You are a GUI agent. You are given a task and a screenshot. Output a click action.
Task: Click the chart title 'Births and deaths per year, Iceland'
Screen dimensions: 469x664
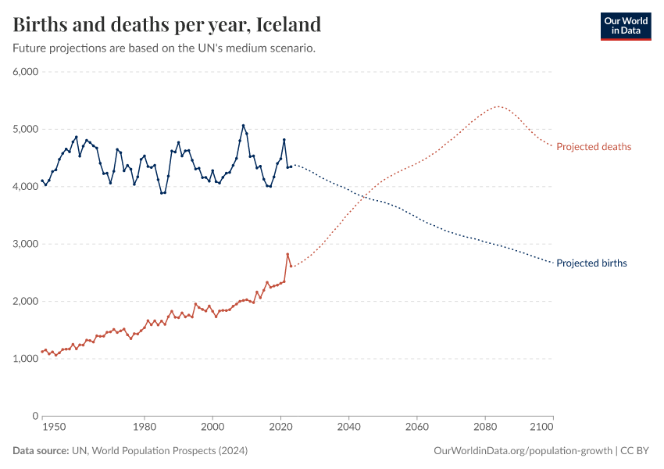[x=167, y=24]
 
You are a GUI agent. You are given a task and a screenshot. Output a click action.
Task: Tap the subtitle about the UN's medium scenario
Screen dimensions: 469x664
[x=164, y=48]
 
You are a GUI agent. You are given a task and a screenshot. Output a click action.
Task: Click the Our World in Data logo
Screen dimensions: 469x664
[x=625, y=26]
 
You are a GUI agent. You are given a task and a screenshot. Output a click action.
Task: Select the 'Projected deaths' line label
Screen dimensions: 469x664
[x=594, y=147]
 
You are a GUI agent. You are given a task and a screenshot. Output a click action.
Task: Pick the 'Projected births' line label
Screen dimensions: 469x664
[x=591, y=263]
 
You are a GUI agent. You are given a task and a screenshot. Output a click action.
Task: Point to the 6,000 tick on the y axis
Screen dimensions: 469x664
[x=26, y=72]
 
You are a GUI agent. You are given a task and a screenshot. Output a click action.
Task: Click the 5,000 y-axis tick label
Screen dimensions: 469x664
[x=26, y=129]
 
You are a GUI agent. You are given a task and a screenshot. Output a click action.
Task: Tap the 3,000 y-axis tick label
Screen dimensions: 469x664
[x=26, y=244]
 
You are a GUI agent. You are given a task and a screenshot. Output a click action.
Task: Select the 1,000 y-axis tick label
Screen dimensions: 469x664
[x=26, y=359]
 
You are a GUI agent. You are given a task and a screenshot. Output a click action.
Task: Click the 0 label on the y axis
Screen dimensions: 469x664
[x=35, y=416]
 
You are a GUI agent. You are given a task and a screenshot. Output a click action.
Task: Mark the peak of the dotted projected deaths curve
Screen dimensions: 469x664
[x=498, y=106]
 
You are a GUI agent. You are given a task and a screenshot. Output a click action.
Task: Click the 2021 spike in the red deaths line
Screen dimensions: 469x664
[x=287, y=254]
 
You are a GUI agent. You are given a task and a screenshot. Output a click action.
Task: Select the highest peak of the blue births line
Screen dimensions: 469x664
[x=243, y=125]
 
